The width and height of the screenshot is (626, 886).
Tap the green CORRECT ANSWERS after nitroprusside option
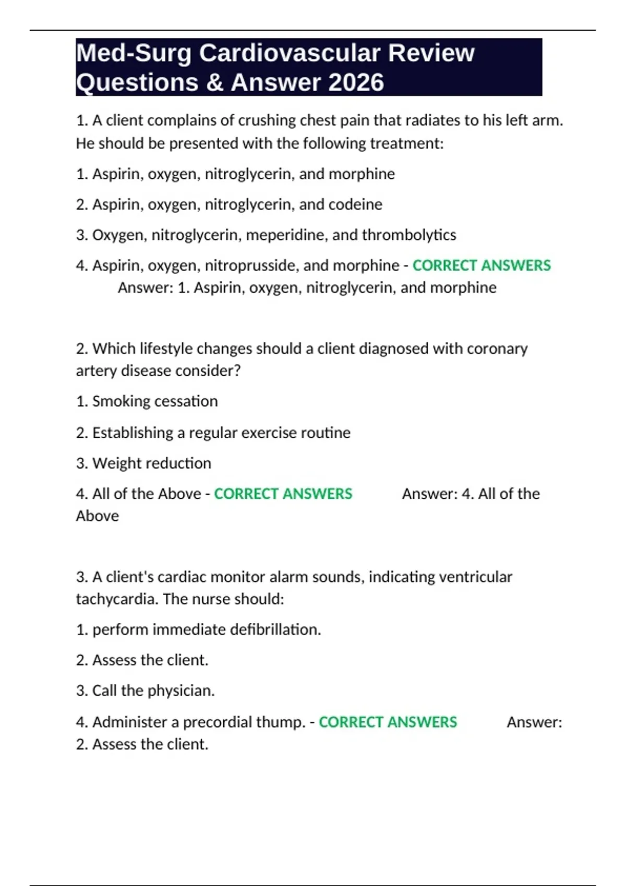pos(481,265)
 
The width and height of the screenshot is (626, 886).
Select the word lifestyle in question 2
pos(165,348)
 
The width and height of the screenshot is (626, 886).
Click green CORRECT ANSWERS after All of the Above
pos(283,494)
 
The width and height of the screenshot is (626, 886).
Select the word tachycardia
pos(117,599)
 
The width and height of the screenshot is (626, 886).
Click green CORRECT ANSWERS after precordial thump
pos(388,722)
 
